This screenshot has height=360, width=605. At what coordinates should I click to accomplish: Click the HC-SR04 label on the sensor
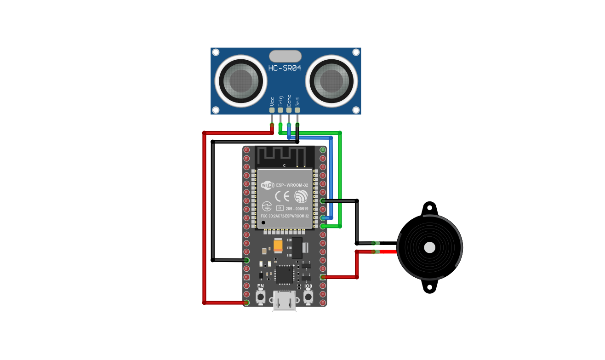pyautogui.click(x=285, y=69)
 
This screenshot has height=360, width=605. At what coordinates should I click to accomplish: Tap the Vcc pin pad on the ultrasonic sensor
pyautogui.click(x=272, y=111)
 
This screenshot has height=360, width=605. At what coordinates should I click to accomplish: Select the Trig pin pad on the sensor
pyautogui.click(x=280, y=111)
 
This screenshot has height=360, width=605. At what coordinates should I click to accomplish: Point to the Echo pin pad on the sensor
pyautogui.click(x=289, y=111)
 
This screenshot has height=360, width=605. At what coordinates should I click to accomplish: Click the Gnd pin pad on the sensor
pyautogui.click(x=297, y=111)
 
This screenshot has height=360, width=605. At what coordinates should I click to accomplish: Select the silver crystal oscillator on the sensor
pyautogui.click(x=285, y=56)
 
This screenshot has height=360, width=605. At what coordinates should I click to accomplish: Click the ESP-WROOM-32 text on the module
pyautogui.click(x=292, y=185)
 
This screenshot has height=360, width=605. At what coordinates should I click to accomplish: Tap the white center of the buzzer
pyautogui.click(x=429, y=247)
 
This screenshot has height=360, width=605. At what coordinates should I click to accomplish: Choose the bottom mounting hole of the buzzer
pyautogui.click(x=429, y=287)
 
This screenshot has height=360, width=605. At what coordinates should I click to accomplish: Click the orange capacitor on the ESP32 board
pyautogui.click(x=278, y=246)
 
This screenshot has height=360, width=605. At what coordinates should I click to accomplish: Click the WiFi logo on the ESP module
pyautogui.click(x=268, y=185)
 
